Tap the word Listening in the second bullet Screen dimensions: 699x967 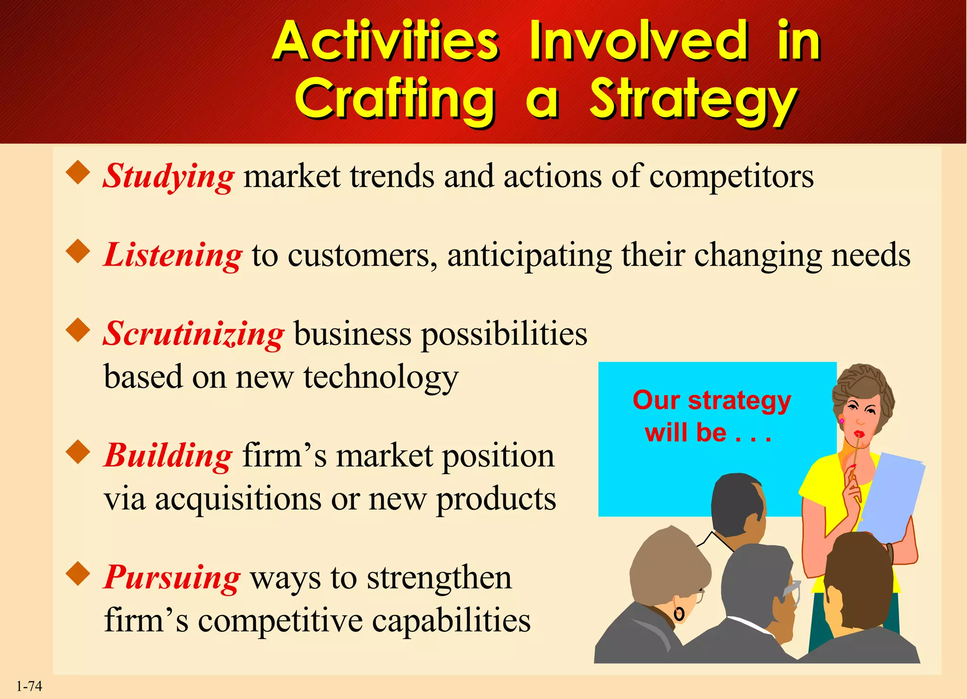(173, 255)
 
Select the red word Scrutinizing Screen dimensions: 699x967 (194, 334)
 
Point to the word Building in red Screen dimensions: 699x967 (168, 456)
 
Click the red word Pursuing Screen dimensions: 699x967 (172, 578)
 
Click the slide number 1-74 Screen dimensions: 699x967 (29, 686)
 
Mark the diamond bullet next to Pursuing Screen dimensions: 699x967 (78, 573)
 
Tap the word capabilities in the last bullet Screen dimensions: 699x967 (451, 621)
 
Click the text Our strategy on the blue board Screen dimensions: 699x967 (712, 401)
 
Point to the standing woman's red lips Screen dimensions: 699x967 (859, 434)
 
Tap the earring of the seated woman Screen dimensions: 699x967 (679, 614)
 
